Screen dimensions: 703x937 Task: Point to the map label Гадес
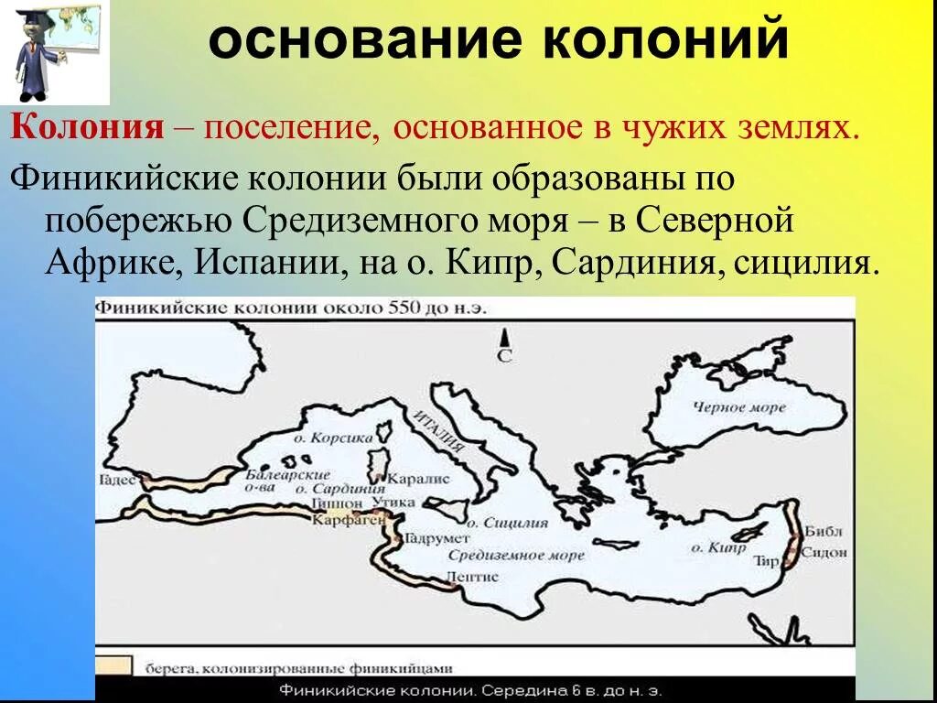tap(119, 479)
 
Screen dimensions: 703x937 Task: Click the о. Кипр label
tap(712, 547)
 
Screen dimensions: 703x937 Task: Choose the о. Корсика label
tap(341, 438)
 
